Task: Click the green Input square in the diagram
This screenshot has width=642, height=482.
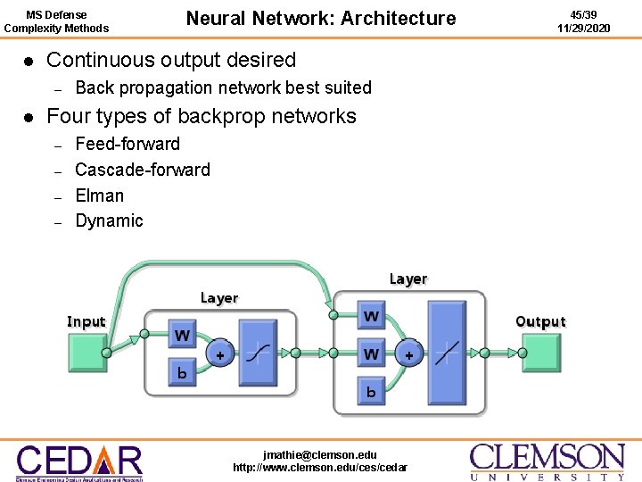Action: (87, 353)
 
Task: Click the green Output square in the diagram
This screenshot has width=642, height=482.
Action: (540, 353)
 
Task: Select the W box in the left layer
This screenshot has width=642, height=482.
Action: (182, 337)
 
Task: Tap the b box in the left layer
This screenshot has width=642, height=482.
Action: (182, 373)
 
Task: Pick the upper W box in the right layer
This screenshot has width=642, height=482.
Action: (371, 316)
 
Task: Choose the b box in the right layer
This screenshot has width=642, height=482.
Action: (371, 391)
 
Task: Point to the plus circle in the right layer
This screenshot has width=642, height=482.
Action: (408, 354)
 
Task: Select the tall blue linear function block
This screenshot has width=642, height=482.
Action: (447, 353)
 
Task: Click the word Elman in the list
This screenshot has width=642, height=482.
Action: (100, 195)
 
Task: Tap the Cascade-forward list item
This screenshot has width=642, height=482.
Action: (143, 170)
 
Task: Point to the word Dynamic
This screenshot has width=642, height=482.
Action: (109, 220)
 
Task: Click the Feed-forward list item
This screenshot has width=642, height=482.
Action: (128, 144)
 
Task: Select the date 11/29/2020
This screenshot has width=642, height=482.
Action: (584, 29)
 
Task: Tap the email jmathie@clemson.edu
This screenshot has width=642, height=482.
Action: (320, 454)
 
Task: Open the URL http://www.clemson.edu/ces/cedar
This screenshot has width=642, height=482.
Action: (320, 468)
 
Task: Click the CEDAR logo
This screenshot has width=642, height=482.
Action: (79, 461)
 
